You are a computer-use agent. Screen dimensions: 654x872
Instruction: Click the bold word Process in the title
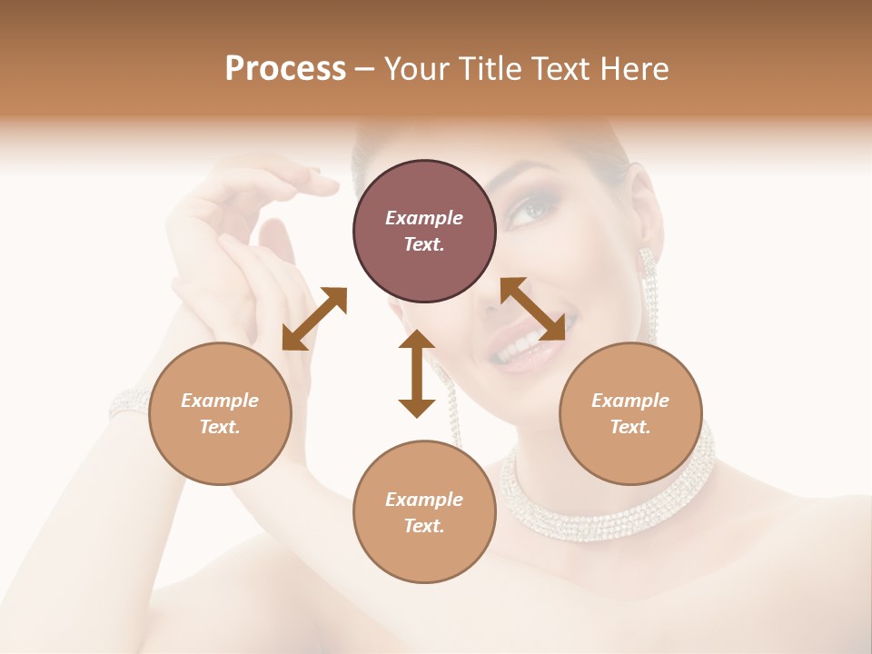(x=285, y=69)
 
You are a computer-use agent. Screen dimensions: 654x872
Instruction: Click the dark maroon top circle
(x=424, y=231)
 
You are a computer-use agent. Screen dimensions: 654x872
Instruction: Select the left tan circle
(x=220, y=413)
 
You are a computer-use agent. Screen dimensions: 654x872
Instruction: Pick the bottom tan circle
(x=424, y=512)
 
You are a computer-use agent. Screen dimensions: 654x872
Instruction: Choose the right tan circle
(x=630, y=413)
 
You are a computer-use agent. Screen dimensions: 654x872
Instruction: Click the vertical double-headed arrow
(x=417, y=373)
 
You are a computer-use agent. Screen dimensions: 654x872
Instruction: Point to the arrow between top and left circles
(x=314, y=318)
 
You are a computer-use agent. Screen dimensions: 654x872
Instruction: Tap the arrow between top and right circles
(x=532, y=309)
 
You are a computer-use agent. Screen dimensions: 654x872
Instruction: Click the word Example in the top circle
(x=424, y=218)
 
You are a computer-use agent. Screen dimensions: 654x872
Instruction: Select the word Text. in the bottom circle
(x=424, y=526)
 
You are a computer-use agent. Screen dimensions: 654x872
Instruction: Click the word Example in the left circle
(x=220, y=401)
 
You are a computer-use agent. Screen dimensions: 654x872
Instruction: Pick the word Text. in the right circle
(x=630, y=427)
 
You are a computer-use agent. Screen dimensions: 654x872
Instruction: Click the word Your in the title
(x=413, y=69)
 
